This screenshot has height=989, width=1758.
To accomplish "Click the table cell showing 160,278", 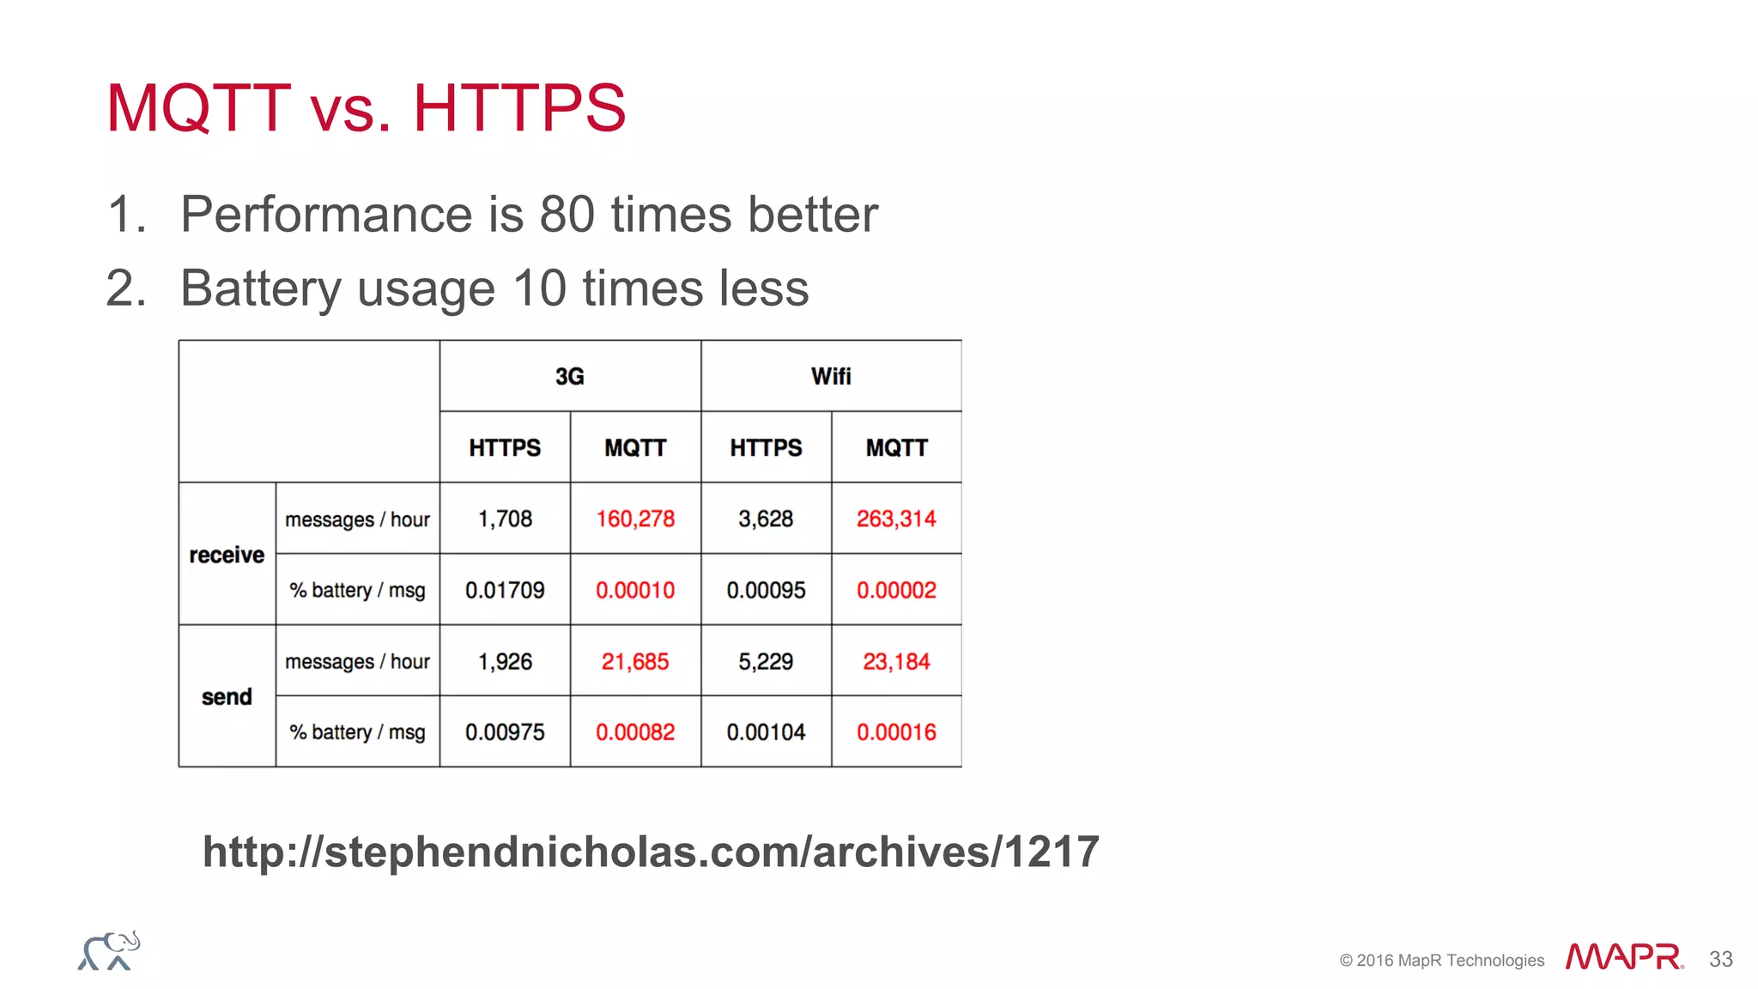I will click(x=635, y=519).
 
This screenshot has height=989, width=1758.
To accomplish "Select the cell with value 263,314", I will click(x=896, y=519).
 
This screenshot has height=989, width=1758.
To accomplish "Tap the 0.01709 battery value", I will click(x=505, y=590).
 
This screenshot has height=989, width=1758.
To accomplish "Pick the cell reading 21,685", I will click(x=635, y=661).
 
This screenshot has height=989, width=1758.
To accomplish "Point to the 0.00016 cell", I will click(x=896, y=732).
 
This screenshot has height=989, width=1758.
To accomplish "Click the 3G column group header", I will click(x=570, y=376).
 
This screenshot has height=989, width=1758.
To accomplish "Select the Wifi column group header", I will click(x=831, y=376).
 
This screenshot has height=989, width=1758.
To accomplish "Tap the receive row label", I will click(x=227, y=555).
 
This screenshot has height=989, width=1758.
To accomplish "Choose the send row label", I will click(x=227, y=696).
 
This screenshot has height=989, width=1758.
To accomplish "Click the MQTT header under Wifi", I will click(x=896, y=447).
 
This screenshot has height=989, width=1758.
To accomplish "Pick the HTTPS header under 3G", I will click(x=505, y=447).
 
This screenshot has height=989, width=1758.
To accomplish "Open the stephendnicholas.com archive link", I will click(x=651, y=852).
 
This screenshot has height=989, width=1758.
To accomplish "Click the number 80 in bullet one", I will click(x=567, y=214).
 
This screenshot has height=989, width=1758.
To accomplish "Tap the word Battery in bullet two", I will click(x=261, y=288).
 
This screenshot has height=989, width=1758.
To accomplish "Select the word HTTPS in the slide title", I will click(x=519, y=108).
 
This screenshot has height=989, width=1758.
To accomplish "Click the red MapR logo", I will click(x=1623, y=956).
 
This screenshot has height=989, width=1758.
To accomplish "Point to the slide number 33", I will click(x=1720, y=959).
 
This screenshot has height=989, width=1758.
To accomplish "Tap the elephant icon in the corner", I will click(x=109, y=951).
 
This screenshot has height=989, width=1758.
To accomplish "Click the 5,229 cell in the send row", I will click(x=766, y=661).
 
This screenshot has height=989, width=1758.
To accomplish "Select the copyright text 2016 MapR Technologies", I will click(x=1442, y=961).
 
